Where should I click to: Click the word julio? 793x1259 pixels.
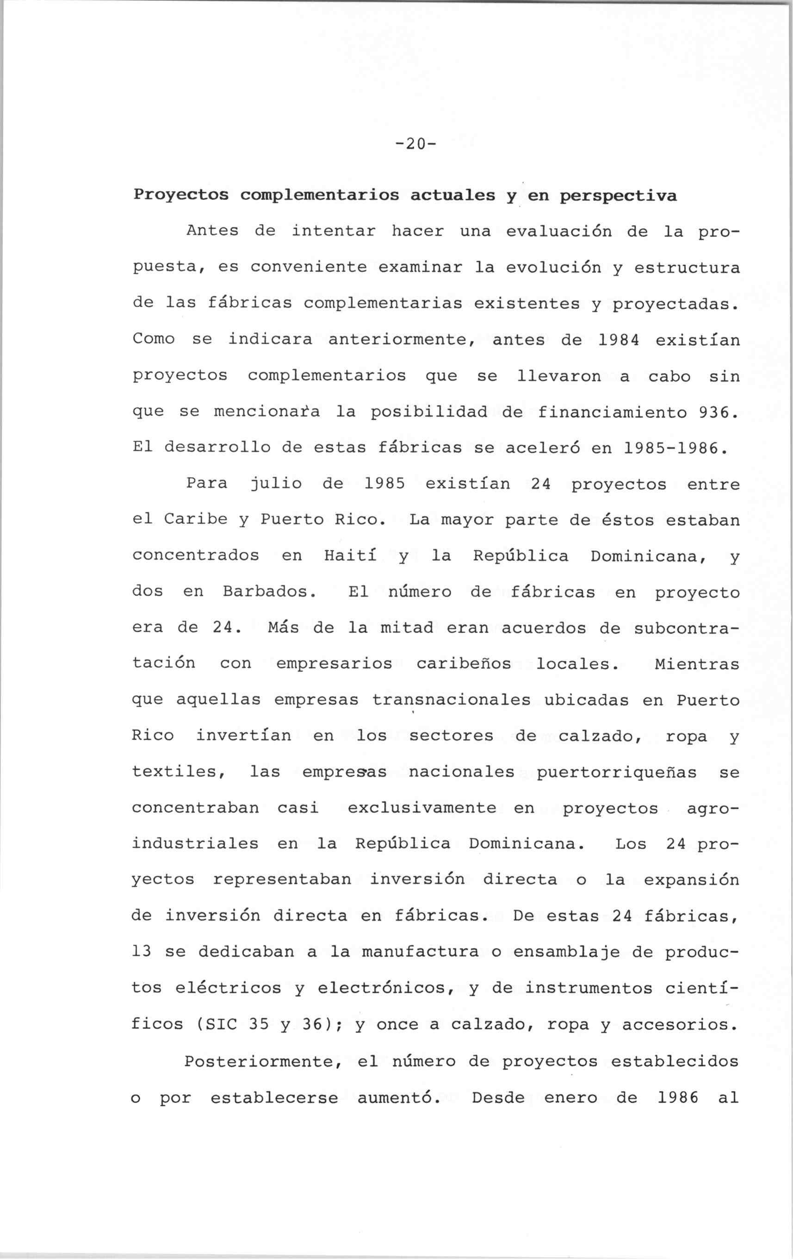click(275, 484)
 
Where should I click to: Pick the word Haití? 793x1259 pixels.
click(350, 555)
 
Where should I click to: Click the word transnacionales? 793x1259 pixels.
click(451, 699)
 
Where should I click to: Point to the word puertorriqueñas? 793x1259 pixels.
click(617, 772)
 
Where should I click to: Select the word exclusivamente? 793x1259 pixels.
click(421, 808)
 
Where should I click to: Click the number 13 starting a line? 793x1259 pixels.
click(142, 951)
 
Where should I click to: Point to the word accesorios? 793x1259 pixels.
click(680, 1023)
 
